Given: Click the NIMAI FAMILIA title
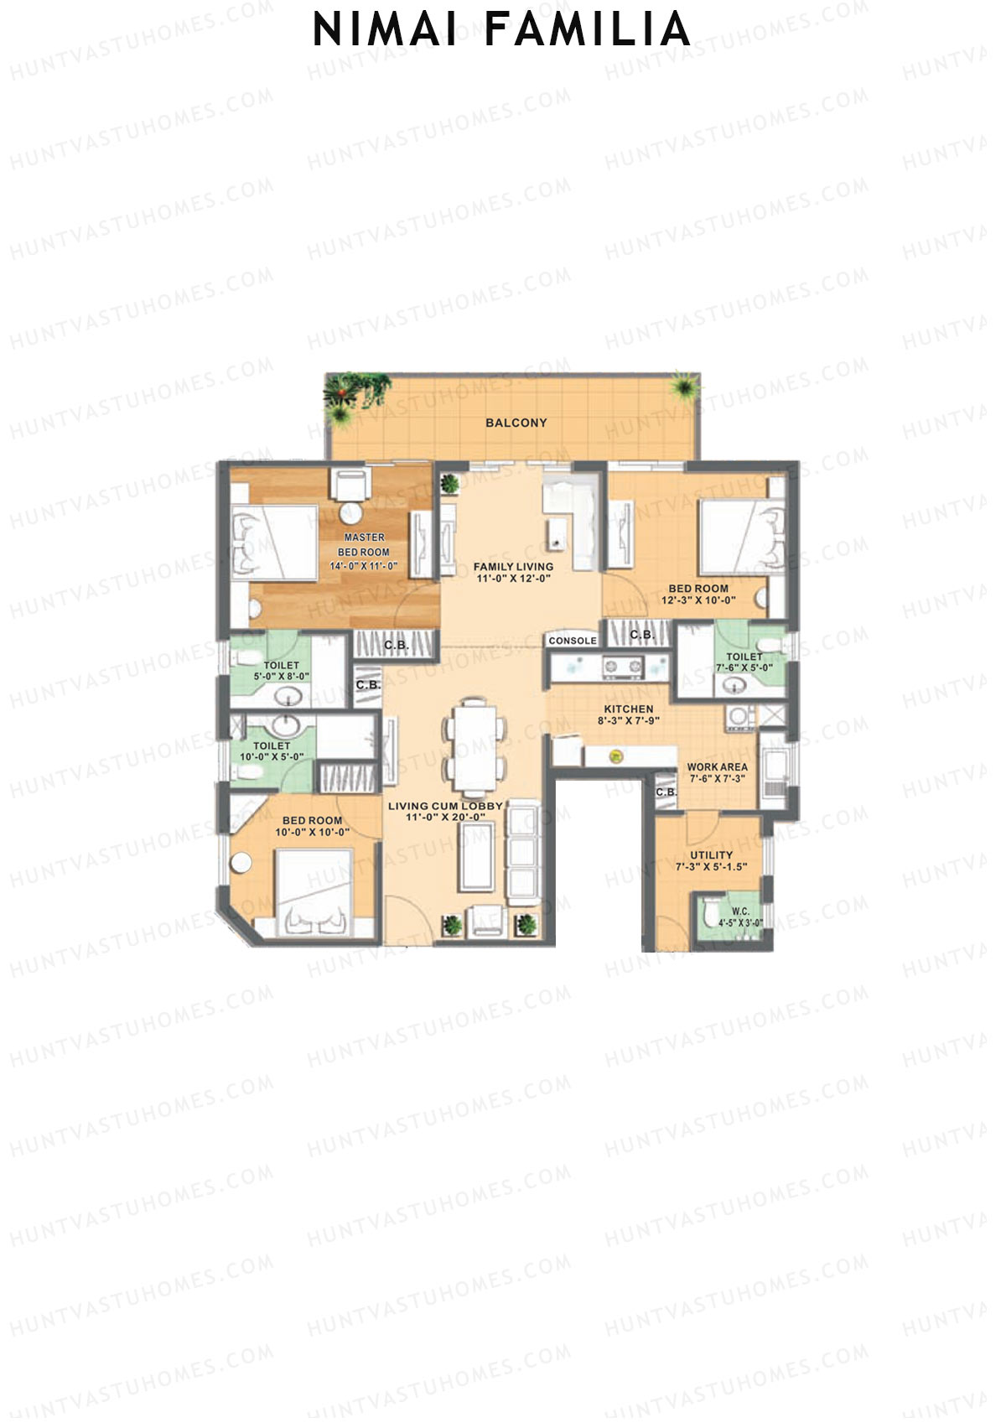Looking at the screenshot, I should [501, 30].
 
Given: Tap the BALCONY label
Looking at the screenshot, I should [516, 423].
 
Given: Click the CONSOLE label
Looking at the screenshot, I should [573, 641].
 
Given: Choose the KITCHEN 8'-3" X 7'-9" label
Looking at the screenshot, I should [629, 714].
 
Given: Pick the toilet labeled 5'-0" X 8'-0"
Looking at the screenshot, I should [281, 670].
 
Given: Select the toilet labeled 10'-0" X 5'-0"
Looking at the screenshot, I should [272, 750].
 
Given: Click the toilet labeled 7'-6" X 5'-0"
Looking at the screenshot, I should [744, 662].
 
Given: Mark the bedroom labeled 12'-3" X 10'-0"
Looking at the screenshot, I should [697, 595].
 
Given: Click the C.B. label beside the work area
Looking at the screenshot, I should [666, 792].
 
